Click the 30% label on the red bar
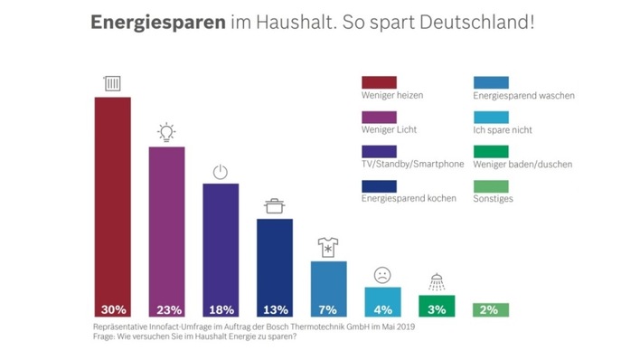click(x=113, y=308)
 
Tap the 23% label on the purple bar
click(x=166, y=308)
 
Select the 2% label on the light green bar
click(x=490, y=308)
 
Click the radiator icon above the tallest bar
click(x=113, y=84)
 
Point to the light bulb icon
click(x=166, y=133)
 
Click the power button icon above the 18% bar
click(x=220, y=172)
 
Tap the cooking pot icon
click(x=274, y=206)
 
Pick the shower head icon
click(x=437, y=282)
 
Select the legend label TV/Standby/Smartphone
click(x=412, y=164)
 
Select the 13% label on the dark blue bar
click(x=274, y=308)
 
